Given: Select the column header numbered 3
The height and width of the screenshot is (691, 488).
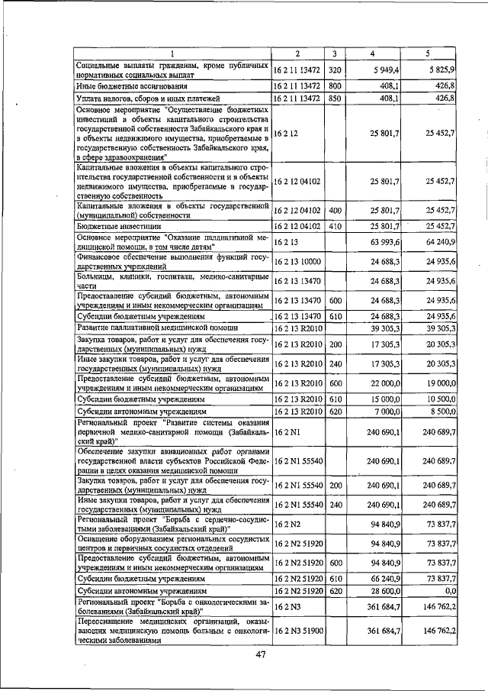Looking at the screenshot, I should click(334, 53).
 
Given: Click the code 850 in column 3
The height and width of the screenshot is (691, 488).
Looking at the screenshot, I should click(334, 98).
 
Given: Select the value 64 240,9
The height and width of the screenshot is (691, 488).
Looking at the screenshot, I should click(439, 242).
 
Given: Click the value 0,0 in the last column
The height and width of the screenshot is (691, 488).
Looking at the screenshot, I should click(448, 590).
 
